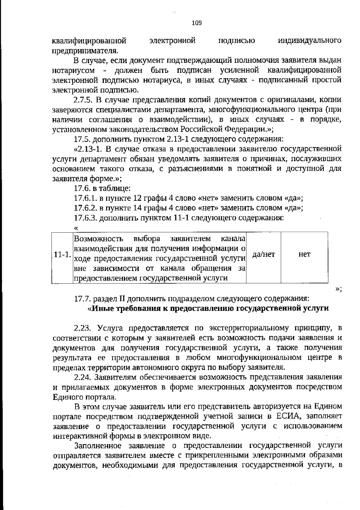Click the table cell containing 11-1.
(x=62, y=255)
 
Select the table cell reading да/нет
(x=263, y=255)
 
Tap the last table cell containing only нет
(x=304, y=255)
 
